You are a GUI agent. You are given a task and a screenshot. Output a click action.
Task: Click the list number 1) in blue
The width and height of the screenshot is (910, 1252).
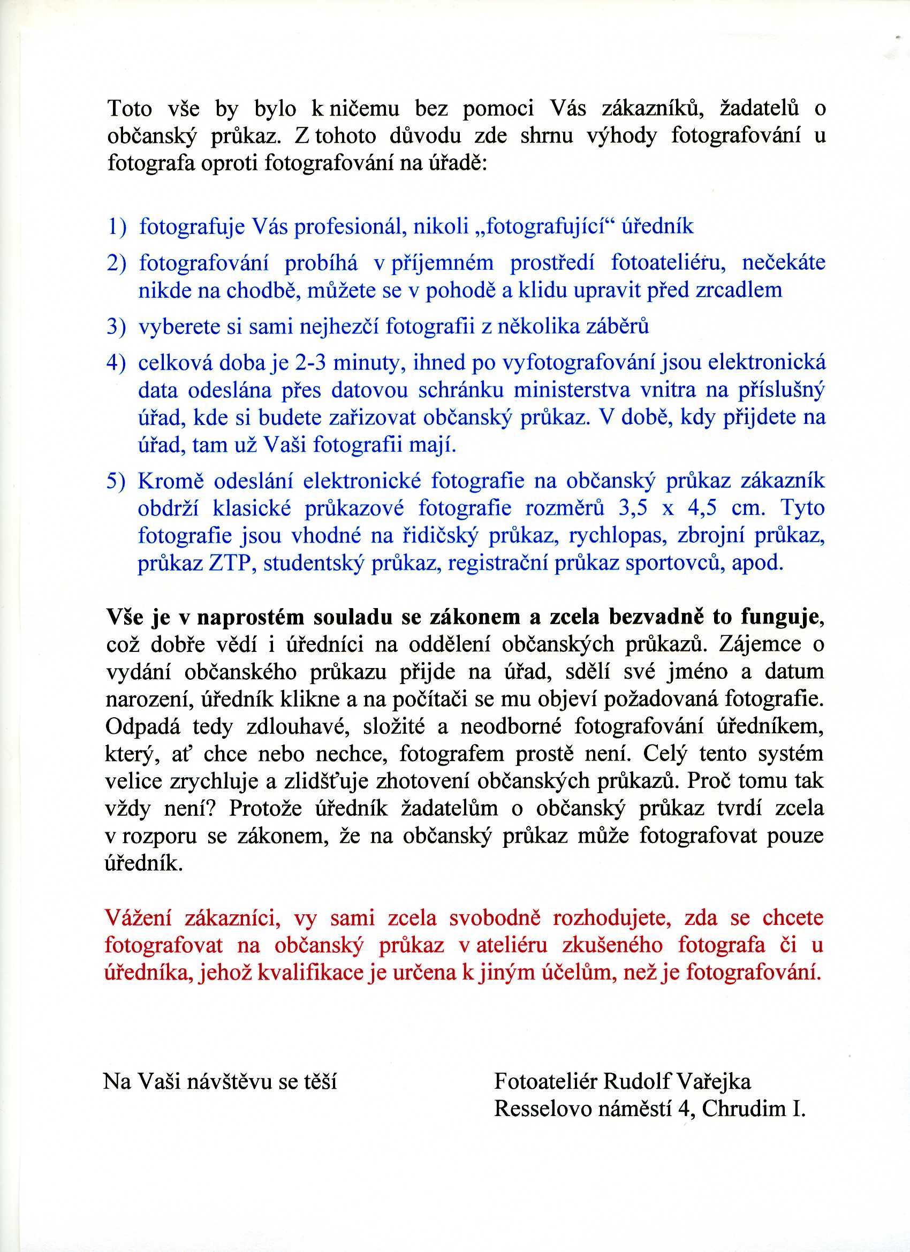click(117, 227)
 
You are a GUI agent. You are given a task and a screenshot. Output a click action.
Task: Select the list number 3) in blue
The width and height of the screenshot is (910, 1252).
click(117, 327)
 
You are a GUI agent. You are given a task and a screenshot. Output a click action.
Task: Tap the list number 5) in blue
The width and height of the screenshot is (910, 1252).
click(117, 481)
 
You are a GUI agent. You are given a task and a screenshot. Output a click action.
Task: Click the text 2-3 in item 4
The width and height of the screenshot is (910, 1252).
click(312, 363)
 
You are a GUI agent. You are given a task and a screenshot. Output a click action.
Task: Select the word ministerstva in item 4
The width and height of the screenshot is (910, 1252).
click(572, 390)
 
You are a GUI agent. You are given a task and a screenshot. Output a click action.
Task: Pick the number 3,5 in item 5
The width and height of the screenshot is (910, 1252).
click(633, 509)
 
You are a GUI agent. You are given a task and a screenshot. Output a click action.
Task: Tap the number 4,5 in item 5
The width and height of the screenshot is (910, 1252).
click(702, 509)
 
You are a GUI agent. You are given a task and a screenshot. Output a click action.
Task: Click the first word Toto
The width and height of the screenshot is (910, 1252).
click(130, 109)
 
